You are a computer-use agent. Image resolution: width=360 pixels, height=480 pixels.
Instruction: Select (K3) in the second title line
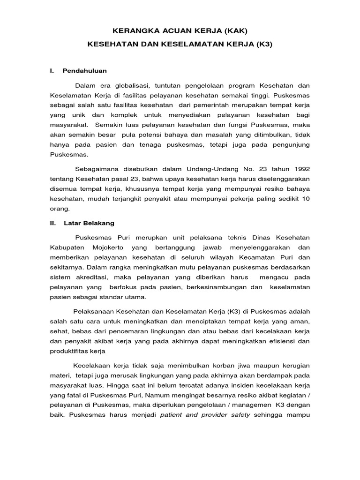(x=262, y=46)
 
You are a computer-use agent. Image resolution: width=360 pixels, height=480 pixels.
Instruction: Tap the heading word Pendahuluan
(x=84, y=71)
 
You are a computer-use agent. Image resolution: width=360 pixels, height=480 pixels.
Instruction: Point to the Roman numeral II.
(x=53, y=223)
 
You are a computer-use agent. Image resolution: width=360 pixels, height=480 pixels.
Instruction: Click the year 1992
(x=300, y=168)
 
